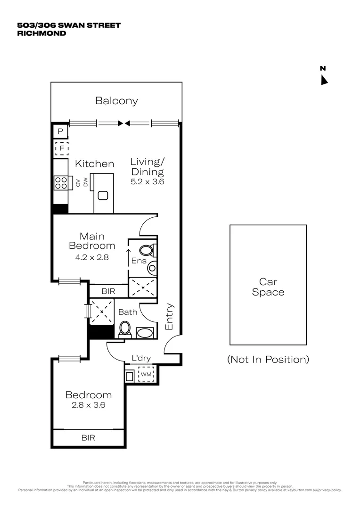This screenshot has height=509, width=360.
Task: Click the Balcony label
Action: pos(116,100)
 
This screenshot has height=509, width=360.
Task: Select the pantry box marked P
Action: pos(60,131)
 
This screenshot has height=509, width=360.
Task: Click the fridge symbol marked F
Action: pos(61,149)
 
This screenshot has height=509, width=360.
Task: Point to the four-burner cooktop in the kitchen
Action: pos(61,182)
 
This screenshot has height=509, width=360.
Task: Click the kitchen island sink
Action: pos(103,196)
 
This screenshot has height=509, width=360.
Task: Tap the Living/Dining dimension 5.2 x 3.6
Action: pos(147,181)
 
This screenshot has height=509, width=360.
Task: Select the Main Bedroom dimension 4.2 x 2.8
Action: pos(92,257)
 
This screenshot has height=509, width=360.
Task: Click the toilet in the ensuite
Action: pos(147,250)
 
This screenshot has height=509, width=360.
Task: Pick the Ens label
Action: pos(139,261)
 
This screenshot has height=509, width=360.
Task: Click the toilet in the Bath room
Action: pos(125,328)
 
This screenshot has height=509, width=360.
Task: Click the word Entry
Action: pos(170,316)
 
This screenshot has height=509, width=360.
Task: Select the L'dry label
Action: pos(141,359)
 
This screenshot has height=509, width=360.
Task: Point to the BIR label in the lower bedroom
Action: pos(88,438)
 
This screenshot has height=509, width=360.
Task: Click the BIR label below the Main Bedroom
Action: pos(108,291)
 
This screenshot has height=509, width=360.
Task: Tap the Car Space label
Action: pos(268,287)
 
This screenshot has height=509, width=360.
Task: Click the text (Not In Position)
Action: pos(268,360)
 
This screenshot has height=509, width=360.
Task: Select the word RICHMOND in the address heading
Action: pos(41,33)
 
